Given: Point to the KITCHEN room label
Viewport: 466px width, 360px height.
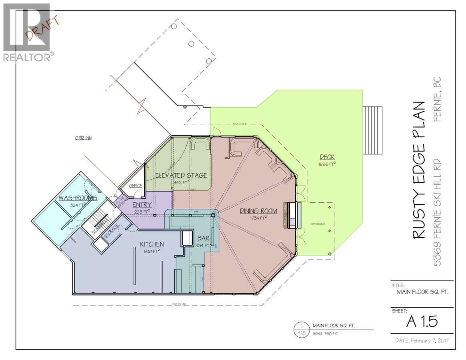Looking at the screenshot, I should (x=152, y=244).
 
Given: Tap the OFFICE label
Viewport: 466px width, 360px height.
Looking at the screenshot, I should (x=136, y=186).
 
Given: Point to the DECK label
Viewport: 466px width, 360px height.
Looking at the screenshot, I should (x=327, y=157).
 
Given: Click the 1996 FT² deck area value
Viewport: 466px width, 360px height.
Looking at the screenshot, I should (x=327, y=164).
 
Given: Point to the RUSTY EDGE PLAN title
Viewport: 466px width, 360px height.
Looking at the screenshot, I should (x=418, y=170).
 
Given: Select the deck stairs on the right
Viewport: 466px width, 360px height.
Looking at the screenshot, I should (x=372, y=131).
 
